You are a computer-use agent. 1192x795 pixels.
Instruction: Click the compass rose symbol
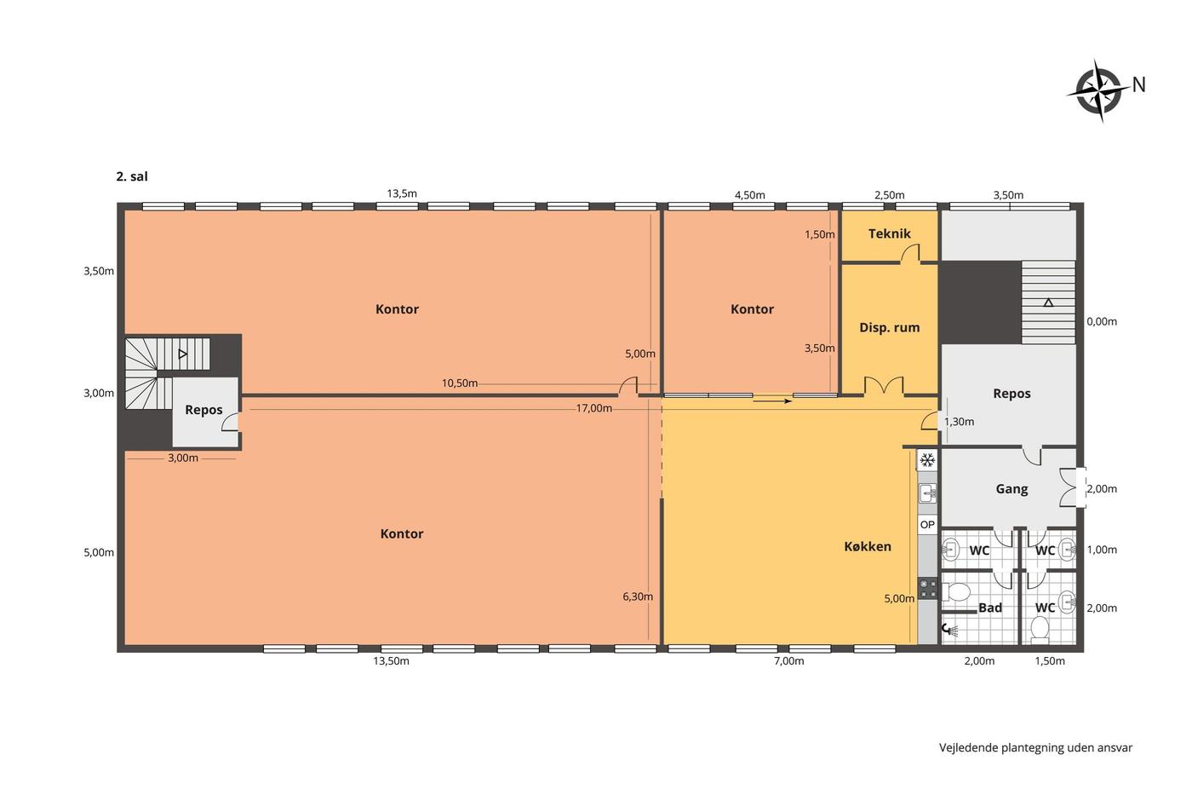[x=1097, y=91]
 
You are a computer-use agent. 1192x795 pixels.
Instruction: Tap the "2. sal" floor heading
[x=132, y=176]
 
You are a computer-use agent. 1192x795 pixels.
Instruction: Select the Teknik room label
[x=889, y=233]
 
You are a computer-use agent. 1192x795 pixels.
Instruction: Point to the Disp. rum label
[x=889, y=327]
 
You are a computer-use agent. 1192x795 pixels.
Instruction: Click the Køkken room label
[x=868, y=546]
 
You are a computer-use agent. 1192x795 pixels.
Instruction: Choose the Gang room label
[x=1011, y=489]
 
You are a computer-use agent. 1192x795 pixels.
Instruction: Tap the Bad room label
[x=989, y=608]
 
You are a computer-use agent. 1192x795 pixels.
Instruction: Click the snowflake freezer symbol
[x=927, y=459]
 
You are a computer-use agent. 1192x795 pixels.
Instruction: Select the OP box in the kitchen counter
[x=927, y=525]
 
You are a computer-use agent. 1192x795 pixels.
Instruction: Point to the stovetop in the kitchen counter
[x=928, y=589]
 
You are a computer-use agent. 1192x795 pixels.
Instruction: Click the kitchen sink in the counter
[x=927, y=493]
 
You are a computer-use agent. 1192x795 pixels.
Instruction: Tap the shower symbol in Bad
[x=950, y=631]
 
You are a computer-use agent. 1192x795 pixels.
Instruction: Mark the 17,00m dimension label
[x=594, y=408]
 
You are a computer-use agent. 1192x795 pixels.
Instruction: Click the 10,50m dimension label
[x=460, y=383]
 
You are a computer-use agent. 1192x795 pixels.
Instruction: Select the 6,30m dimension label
[x=638, y=596]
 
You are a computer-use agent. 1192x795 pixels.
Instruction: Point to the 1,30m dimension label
[x=959, y=422]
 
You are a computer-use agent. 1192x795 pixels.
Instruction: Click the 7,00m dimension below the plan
[x=788, y=661]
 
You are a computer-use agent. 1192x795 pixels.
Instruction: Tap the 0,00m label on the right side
[x=1102, y=321]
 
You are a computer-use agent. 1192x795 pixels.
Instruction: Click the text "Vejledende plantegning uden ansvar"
[x=1035, y=747]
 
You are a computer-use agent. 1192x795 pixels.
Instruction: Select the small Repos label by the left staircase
[x=203, y=410]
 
